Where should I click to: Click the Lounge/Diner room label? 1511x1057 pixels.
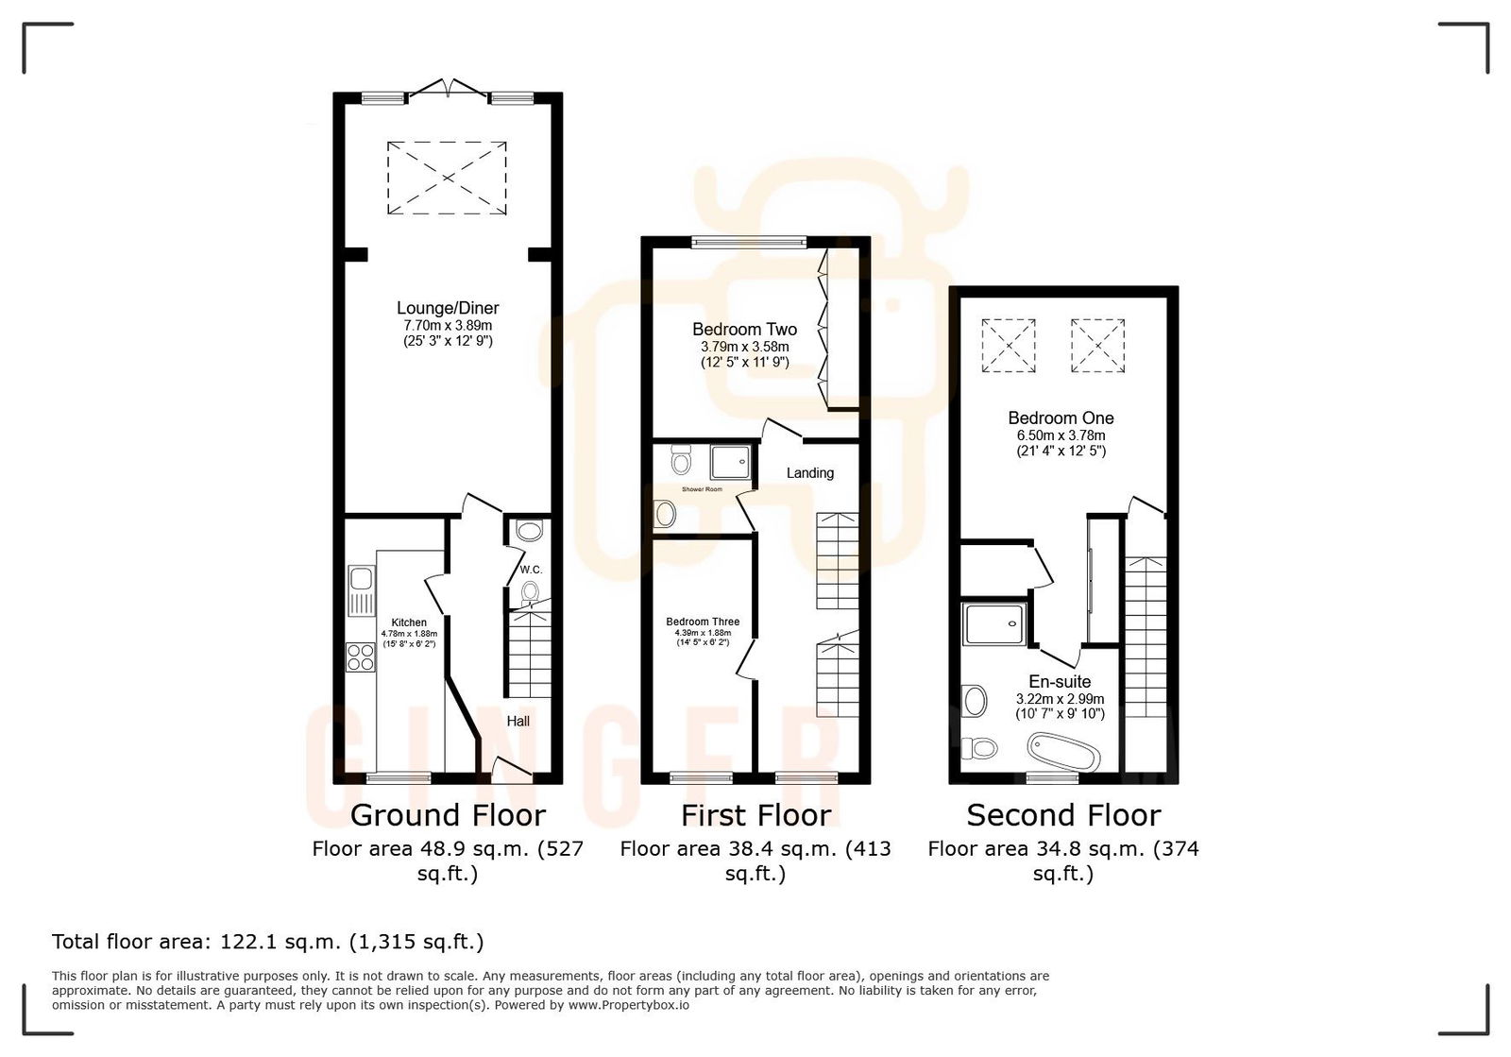coord(448,308)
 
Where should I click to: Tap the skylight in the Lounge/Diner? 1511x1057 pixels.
coord(447,178)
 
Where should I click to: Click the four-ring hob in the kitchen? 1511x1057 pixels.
coord(361,656)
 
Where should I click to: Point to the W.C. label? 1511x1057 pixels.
coord(531,570)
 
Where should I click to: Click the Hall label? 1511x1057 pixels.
coord(518,721)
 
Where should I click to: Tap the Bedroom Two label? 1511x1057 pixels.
coord(744,330)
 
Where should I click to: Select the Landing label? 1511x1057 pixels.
coord(810,472)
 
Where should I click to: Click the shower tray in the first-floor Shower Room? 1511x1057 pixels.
coord(733,462)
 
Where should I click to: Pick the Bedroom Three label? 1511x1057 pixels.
coord(703,622)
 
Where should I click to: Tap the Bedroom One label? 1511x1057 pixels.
coord(1061,418)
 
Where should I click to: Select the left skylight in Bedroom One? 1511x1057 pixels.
coord(1009,346)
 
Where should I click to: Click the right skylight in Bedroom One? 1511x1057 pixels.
coord(1097,346)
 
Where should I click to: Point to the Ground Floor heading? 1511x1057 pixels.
coord(448,815)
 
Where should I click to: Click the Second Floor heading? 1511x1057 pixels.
coord(1063,815)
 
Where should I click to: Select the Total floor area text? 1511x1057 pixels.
coord(267,942)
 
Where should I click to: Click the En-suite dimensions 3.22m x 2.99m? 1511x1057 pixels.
coord(1060,699)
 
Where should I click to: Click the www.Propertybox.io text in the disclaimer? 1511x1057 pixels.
coord(628,1005)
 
